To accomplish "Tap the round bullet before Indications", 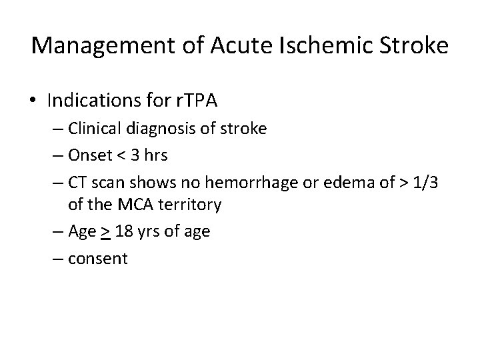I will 34,101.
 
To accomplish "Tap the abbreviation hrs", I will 169,155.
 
